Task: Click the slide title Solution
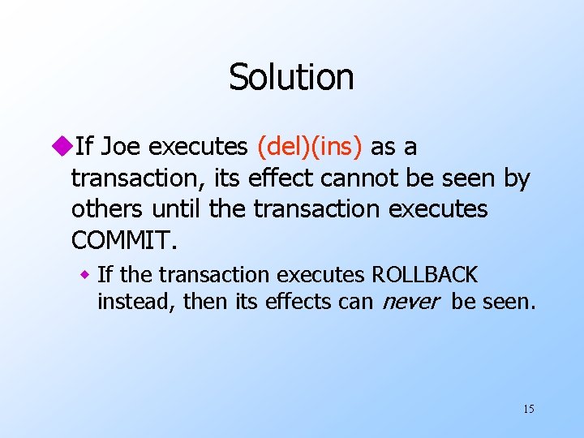[291, 78]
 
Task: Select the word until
[177, 209]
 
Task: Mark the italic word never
[410, 303]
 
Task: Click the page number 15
[529, 409]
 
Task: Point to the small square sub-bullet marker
[84, 276]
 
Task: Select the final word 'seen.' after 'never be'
[509, 302]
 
